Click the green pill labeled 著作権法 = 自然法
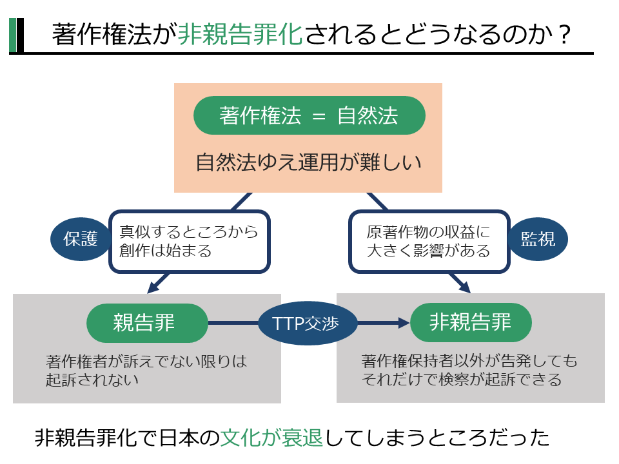(309, 115)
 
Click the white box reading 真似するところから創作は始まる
(188, 241)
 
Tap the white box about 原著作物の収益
(428, 241)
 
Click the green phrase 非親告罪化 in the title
(239, 34)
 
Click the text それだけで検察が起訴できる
(462, 379)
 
